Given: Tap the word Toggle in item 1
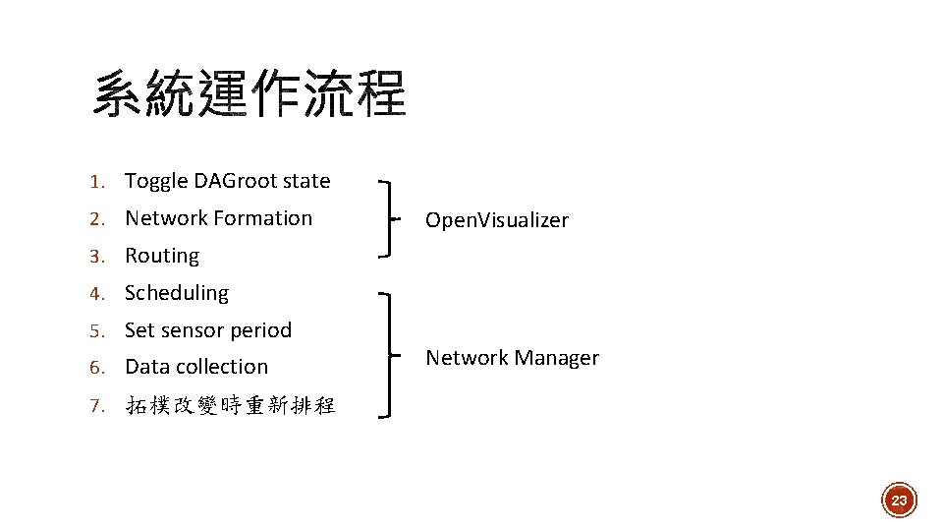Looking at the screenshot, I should coord(156,182).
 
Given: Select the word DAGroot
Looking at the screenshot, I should coord(235,181).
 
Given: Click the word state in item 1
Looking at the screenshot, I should coord(306,181).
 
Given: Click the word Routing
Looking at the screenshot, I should coord(162,256).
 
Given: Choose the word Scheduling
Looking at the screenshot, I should coord(177,293).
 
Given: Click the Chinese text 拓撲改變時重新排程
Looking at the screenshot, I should coord(231,404).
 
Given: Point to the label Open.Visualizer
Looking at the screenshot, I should coord(496,220).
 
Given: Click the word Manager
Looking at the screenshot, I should coord(560,358).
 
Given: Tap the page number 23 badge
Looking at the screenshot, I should coord(898,501).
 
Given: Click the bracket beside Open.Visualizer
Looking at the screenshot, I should coord(391,218).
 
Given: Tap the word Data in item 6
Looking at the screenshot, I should coord(147,367).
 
